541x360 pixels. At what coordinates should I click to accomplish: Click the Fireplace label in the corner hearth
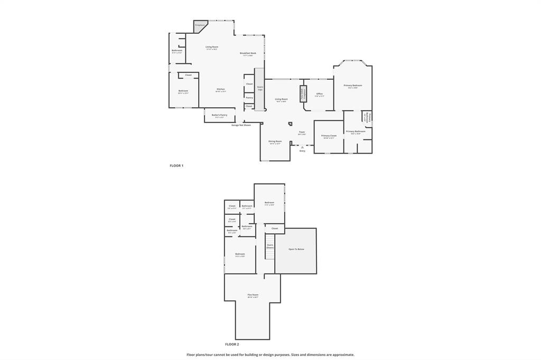click(x=200, y=25)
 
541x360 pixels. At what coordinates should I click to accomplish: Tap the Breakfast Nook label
click(x=248, y=53)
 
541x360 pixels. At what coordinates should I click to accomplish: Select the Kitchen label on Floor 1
click(x=221, y=89)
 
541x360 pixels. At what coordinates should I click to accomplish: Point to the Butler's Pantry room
click(x=219, y=115)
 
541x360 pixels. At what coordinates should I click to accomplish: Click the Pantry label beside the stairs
click(x=249, y=97)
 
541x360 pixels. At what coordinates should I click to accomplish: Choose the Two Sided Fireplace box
click(x=303, y=93)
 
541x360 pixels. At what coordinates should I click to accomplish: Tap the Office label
click(x=320, y=94)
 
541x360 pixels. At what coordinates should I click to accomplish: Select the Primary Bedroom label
click(x=353, y=86)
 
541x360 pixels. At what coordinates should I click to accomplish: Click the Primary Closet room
click(x=329, y=136)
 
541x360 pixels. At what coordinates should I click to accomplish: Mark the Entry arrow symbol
click(x=302, y=147)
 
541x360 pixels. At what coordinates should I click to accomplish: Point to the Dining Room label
click(x=275, y=141)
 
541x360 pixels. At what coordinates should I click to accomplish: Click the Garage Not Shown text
click(x=241, y=125)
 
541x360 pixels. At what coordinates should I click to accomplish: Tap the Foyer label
click(x=302, y=132)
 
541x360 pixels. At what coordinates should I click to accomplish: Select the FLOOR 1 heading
click(x=176, y=166)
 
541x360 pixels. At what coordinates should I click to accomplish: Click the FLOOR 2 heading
click(x=232, y=344)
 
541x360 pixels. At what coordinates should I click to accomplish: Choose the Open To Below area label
click(x=296, y=249)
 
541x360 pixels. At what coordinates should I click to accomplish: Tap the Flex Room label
click(x=253, y=295)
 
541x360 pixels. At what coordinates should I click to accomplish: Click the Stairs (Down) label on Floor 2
click(x=270, y=246)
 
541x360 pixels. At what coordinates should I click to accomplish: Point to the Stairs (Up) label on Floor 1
click(x=260, y=88)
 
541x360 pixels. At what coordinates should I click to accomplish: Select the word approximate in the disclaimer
click(x=341, y=355)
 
